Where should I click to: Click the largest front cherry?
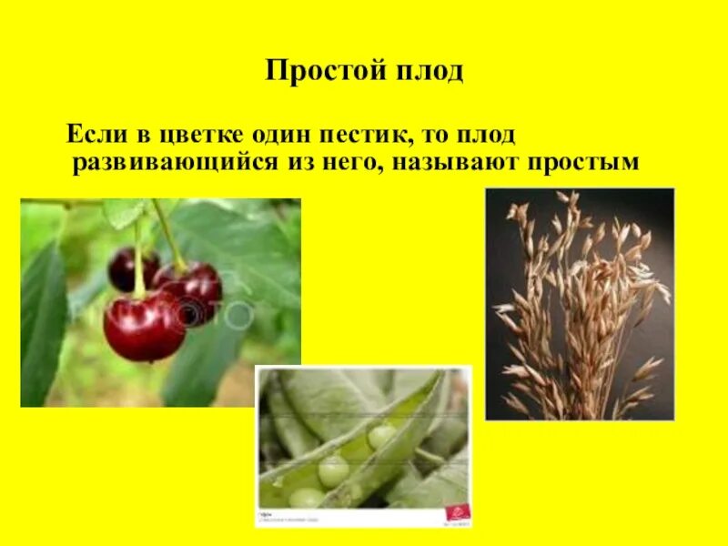click(142, 326)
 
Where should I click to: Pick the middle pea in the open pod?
click(333, 470)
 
